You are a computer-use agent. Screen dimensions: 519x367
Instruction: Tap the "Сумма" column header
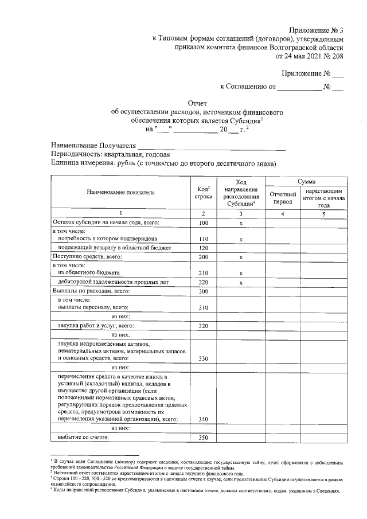[306, 181]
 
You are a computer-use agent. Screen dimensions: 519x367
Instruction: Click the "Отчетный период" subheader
[282, 198]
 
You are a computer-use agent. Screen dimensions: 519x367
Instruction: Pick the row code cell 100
[203, 222]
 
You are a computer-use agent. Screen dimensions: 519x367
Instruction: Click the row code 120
[203, 247]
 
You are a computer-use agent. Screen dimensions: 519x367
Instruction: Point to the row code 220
[203, 282]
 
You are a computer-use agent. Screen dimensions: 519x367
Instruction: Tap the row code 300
[203, 291]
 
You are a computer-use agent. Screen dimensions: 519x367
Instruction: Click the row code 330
[203, 358]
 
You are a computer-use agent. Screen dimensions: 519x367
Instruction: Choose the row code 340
[203, 419]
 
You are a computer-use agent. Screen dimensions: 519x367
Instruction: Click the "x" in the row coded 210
[241, 274]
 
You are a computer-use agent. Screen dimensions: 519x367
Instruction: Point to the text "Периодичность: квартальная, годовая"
[110, 154]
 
